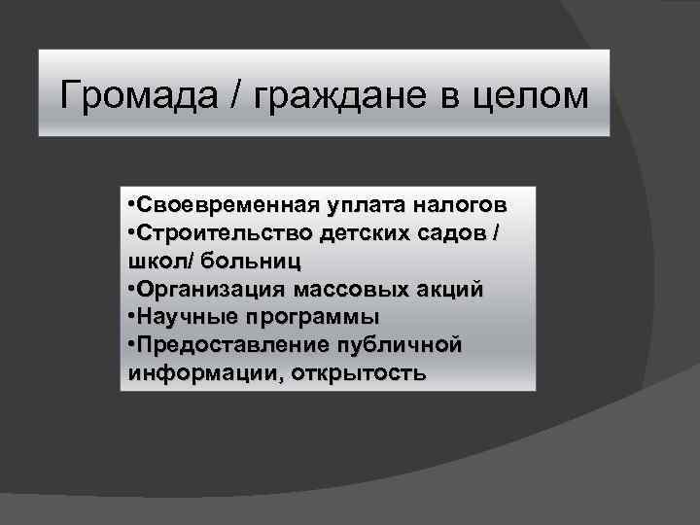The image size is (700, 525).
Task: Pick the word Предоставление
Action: point(228,345)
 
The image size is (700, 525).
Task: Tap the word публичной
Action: point(398,346)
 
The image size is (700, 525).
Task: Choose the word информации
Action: point(200,374)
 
